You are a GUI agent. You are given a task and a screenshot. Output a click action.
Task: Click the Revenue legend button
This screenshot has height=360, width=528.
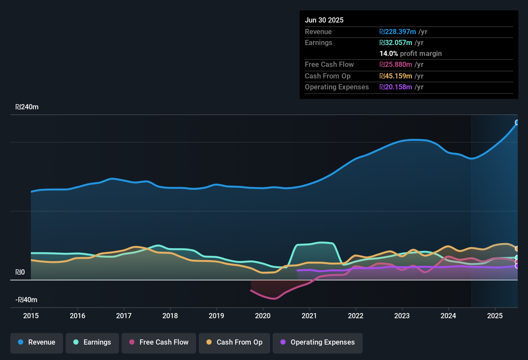37,342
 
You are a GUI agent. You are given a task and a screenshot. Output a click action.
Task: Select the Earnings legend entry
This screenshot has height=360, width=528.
92,342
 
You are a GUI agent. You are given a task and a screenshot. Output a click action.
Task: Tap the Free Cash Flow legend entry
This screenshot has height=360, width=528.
159,342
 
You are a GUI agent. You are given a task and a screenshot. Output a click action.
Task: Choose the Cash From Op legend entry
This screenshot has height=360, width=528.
234,342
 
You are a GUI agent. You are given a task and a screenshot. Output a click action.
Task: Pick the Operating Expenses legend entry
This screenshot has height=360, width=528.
318,342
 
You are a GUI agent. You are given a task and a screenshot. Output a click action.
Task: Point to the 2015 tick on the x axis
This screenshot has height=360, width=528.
31,316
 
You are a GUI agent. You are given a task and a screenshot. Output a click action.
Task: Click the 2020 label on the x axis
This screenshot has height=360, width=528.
263,316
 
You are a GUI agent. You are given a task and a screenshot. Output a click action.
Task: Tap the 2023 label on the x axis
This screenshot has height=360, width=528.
402,316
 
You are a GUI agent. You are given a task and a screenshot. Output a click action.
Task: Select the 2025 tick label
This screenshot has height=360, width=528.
495,316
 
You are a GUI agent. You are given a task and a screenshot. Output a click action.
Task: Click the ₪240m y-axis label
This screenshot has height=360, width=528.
27,107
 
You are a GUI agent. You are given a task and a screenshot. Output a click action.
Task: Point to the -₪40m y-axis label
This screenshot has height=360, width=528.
26,300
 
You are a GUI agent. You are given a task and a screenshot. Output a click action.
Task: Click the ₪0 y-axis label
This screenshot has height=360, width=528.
20,272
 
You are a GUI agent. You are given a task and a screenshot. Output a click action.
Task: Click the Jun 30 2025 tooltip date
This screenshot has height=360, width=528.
324,20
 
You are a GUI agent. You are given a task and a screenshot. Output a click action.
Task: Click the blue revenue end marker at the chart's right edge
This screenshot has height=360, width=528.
517,122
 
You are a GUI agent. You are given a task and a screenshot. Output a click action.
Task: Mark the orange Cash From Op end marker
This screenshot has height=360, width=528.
517,248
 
